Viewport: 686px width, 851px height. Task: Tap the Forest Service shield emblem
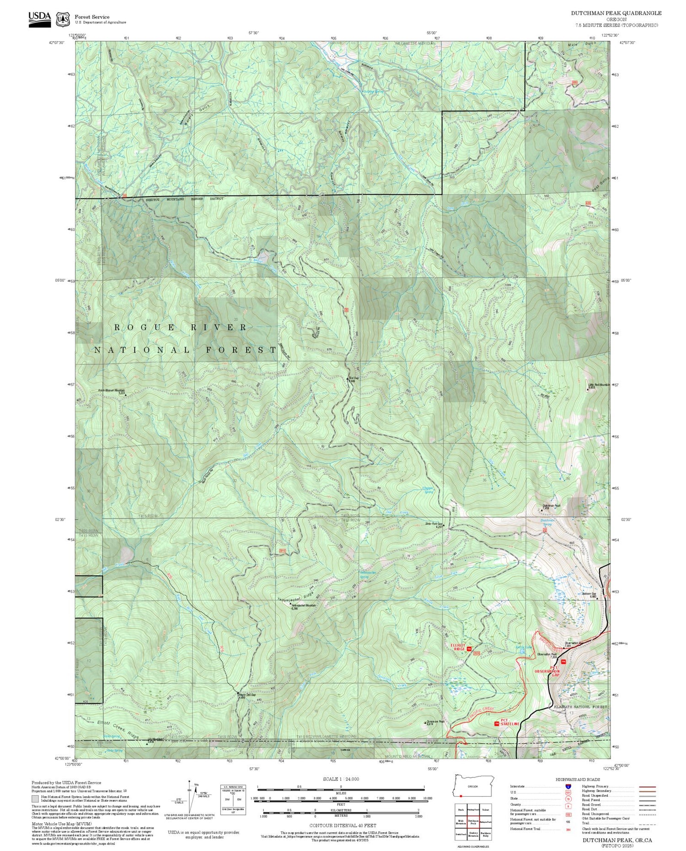(x=62, y=19)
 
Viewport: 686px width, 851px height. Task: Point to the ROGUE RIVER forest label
(x=181, y=328)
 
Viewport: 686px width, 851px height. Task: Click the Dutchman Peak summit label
(x=552, y=506)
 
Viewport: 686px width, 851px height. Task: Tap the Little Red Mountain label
(x=599, y=385)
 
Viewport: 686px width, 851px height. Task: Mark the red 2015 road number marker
(x=282, y=551)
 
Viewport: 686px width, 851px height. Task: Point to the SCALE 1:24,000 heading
(x=341, y=779)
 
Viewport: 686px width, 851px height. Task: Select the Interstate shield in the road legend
(x=568, y=786)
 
